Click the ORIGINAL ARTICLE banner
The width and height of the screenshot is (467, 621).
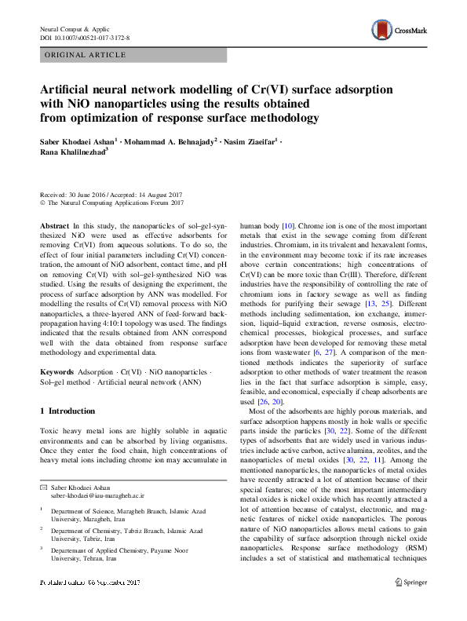click(86, 55)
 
